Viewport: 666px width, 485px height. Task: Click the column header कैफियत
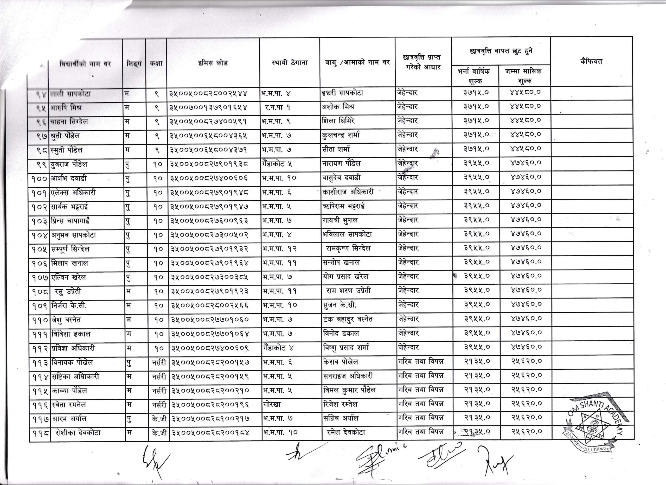[x=591, y=62]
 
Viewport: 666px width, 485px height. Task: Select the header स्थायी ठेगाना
[x=290, y=62]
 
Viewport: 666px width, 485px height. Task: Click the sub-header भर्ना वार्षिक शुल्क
[x=475, y=76]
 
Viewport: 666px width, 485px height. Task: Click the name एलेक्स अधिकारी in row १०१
[x=73, y=193]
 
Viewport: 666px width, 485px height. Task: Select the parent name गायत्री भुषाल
[x=340, y=220]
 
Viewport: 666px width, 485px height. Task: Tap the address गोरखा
[x=272, y=405]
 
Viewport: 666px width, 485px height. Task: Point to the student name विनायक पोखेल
[x=72, y=362]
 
